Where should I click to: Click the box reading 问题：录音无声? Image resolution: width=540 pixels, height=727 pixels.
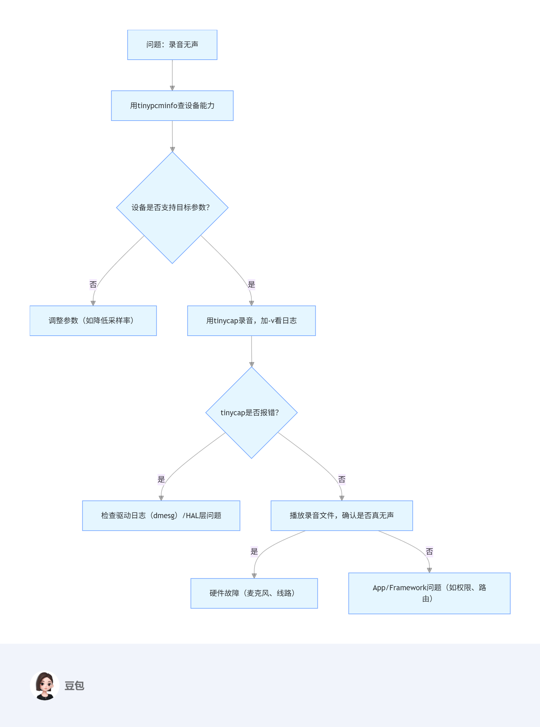click(172, 45)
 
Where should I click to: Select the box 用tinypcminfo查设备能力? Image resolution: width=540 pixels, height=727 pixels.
click(172, 106)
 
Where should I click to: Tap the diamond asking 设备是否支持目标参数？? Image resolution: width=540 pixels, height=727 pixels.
click(172, 207)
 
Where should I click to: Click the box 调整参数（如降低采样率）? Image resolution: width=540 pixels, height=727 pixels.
click(93, 320)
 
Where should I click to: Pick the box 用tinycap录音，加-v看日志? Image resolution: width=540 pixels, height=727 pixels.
click(251, 320)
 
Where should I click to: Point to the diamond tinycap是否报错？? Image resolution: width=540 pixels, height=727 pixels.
click(251, 412)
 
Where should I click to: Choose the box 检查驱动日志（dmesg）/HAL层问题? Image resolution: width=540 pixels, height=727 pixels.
click(161, 515)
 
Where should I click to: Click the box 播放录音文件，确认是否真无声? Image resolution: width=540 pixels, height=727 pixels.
click(341, 515)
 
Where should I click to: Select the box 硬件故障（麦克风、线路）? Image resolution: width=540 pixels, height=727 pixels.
click(254, 593)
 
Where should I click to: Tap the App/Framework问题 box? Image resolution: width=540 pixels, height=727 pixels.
click(429, 593)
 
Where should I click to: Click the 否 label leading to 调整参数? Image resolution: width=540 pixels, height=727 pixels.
click(93, 284)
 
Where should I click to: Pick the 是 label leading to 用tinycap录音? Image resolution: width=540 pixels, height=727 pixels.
click(251, 284)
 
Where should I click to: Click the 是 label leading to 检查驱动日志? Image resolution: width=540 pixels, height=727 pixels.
click(161, 479)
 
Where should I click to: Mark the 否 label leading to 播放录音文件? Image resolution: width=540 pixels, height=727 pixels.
click(341, 479)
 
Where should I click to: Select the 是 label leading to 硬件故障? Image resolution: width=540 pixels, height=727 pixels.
click(254, 551)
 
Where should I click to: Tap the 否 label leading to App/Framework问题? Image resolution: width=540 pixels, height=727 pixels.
click(429, 551)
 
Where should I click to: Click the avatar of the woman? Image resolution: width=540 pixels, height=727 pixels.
click(45, 685)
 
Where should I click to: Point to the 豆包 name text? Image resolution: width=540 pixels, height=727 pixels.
click(74, 686)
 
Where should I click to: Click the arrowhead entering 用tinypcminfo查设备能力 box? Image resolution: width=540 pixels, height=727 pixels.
click(172, 88)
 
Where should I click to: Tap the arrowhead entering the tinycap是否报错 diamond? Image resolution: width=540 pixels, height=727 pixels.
click(251, 364)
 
